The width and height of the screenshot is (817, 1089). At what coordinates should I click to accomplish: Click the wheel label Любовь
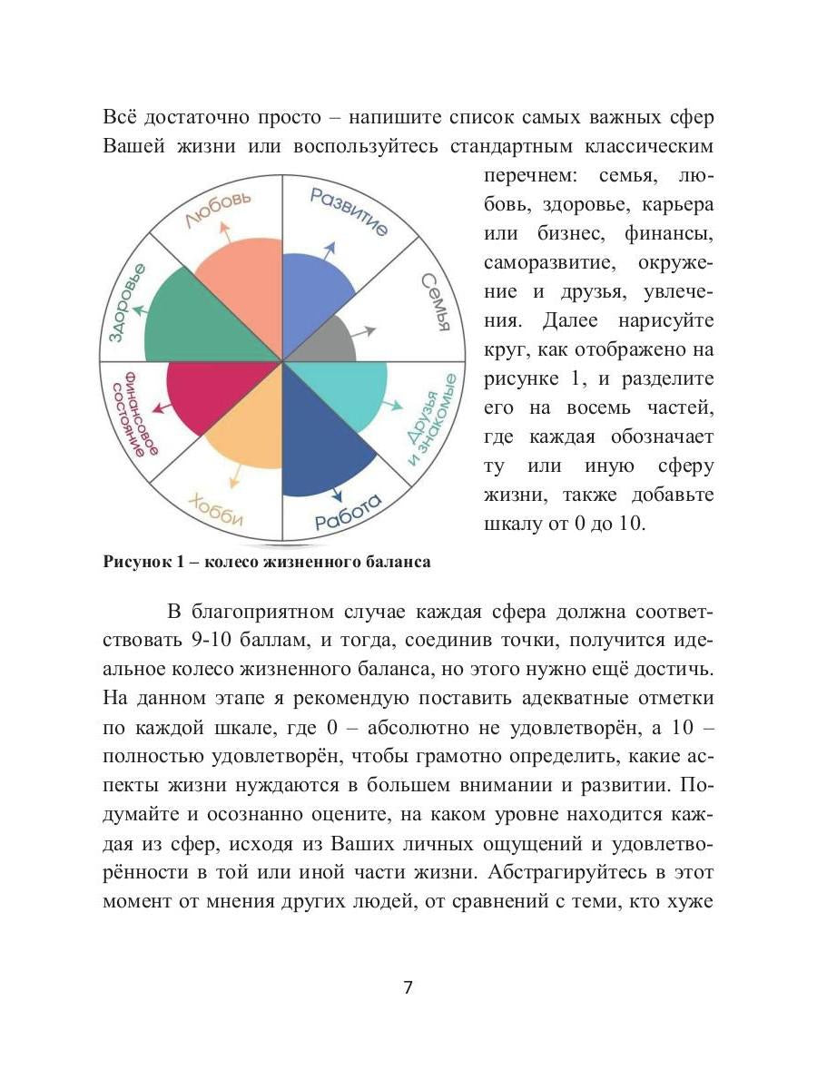[217, 210]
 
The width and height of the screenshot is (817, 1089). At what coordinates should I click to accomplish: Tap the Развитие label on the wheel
[349, 211]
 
